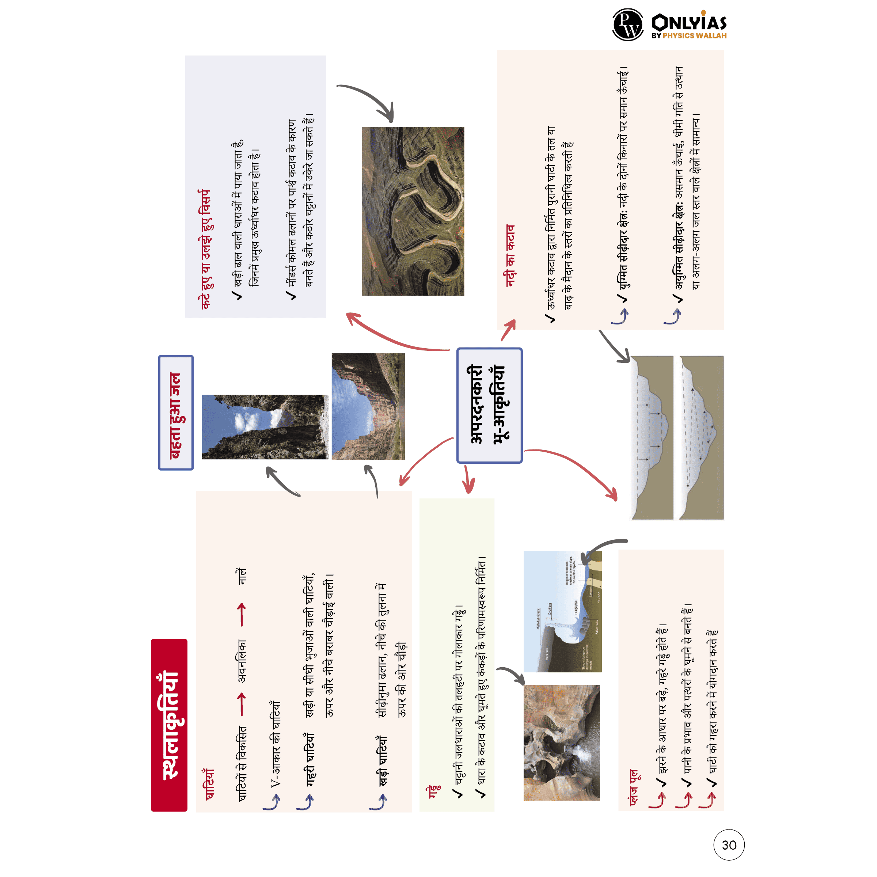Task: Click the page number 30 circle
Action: [x=729, y=845]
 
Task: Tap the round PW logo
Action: [x=627, y=24]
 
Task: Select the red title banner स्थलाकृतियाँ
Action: [x=169, y=725]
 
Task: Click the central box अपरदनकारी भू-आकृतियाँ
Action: [x=489, y=405]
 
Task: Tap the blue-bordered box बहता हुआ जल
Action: [x=176, y=413]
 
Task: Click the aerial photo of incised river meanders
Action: [x=413, y=211]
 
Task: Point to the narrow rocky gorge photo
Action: [x=265, y=427]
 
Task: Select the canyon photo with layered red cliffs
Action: [x=368, y=406]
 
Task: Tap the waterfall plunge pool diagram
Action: [x=562, y=611]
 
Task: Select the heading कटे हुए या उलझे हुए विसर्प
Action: [x=205, y=250]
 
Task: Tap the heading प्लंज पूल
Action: [x=634, y=787]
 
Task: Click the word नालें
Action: [x=242, y=576]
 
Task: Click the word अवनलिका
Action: [x=242, y=660]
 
